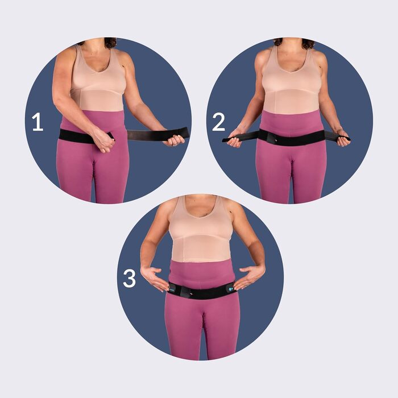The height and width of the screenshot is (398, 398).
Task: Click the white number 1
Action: tap(38, 122)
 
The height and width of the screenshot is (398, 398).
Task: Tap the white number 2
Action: tap(218, 122)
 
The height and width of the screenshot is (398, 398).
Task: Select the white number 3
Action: tap(130, 279)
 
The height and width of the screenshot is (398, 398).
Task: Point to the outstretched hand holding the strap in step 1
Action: tap(175, 141)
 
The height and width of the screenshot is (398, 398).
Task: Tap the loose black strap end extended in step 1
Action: tap(158, 134)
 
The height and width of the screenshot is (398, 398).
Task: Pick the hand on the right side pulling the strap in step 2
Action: tap(342, 138)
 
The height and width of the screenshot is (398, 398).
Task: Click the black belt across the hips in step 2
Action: tap(292, 138)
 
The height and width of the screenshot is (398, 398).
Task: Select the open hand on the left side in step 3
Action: tap(154, 278)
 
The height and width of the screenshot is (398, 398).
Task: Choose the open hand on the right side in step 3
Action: tap(250, 277)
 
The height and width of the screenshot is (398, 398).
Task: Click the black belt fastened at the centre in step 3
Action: tap(201, 291)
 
